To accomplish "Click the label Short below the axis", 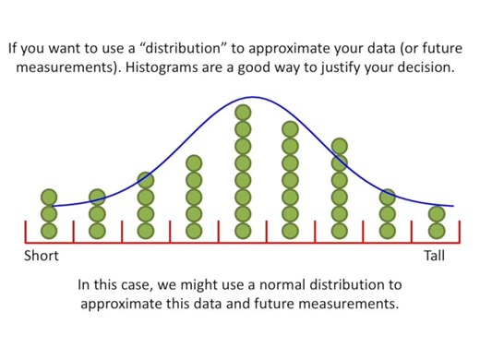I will (41, 256).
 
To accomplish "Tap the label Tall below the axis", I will (435, 256).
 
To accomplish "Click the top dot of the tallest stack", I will (243, 114).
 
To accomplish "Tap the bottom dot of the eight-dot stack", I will (291, 229).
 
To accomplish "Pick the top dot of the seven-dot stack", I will (340, 146).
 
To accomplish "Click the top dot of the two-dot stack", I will (437, 213).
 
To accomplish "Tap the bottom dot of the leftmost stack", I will (49, 229).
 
